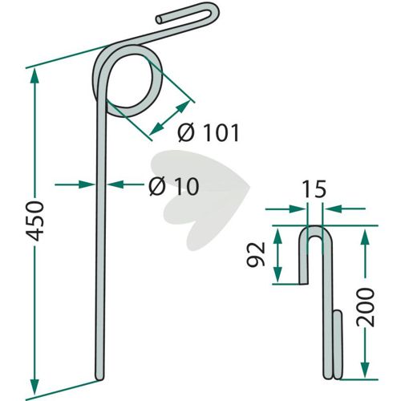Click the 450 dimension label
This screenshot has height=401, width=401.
pyautogui.click(x=34, y=221)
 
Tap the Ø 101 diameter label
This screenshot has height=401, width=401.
pyautogui.click(x=208, y=133)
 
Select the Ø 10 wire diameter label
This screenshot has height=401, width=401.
pyautogui.click(x=174, y=186)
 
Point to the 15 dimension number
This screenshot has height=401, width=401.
pyautogui.click(x=314, y=189)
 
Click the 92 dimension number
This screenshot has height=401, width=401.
pyautogui.click(x=256, y=254)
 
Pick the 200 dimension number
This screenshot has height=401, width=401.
pyautogui.click(x=366, y=307)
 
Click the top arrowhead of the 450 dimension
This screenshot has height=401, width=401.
pyautogui.click(x=34, y=75)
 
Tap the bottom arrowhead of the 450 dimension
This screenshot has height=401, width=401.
pyautogui.click(x=34, y=387)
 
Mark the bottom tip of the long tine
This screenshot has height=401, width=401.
pyautogui.click(x=99, y=378)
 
